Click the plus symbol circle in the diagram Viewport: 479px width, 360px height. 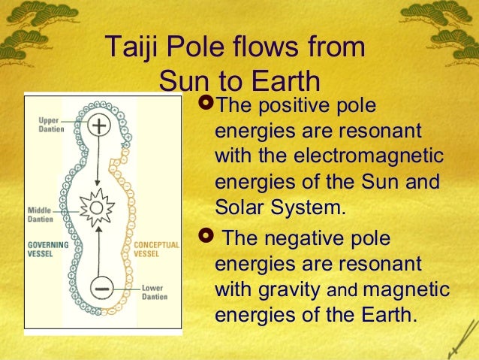(98, 126)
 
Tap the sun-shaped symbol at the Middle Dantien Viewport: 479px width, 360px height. (97, 206)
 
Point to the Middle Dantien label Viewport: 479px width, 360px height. (41, 213)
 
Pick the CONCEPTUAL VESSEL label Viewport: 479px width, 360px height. (156, 249)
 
